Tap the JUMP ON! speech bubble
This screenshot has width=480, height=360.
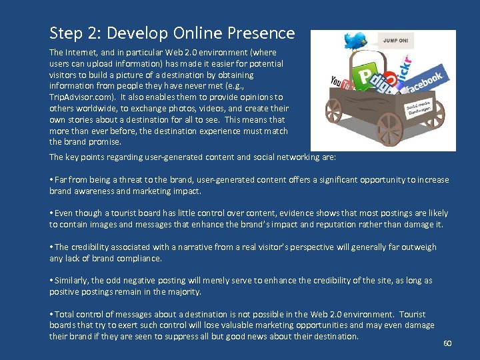395,41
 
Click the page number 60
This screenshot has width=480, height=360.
447,343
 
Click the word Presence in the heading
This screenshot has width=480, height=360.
263,33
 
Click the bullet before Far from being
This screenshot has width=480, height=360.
51,180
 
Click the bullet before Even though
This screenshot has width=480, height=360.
51,213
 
